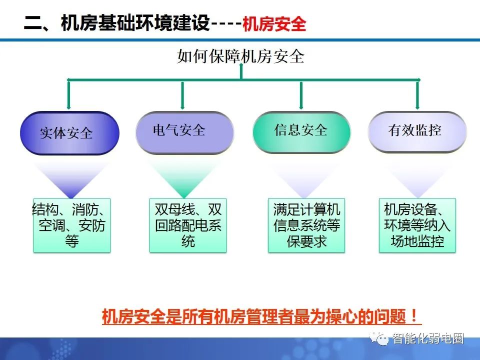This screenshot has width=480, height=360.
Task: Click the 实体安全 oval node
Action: tap(69, 133)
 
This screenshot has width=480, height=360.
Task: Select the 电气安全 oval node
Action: tap(184, 131)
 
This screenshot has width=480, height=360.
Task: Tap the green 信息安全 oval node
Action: tap(300, 131)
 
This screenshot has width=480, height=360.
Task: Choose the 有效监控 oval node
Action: tap(417, 131)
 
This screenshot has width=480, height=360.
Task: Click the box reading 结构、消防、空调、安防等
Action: tap(71, 225)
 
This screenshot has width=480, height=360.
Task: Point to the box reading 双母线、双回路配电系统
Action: tap(188, 225)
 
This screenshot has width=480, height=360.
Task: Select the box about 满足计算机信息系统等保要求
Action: tap(306, 225)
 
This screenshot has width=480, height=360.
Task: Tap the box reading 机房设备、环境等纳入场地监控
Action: tap(417, 225)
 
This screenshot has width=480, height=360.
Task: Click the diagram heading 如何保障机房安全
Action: tap(240, 56)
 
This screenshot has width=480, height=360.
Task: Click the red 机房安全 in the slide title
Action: tap(273, 24)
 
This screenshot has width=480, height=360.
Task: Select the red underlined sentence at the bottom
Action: tap(261, 316)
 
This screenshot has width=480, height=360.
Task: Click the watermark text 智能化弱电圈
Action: tap(428, 339)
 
